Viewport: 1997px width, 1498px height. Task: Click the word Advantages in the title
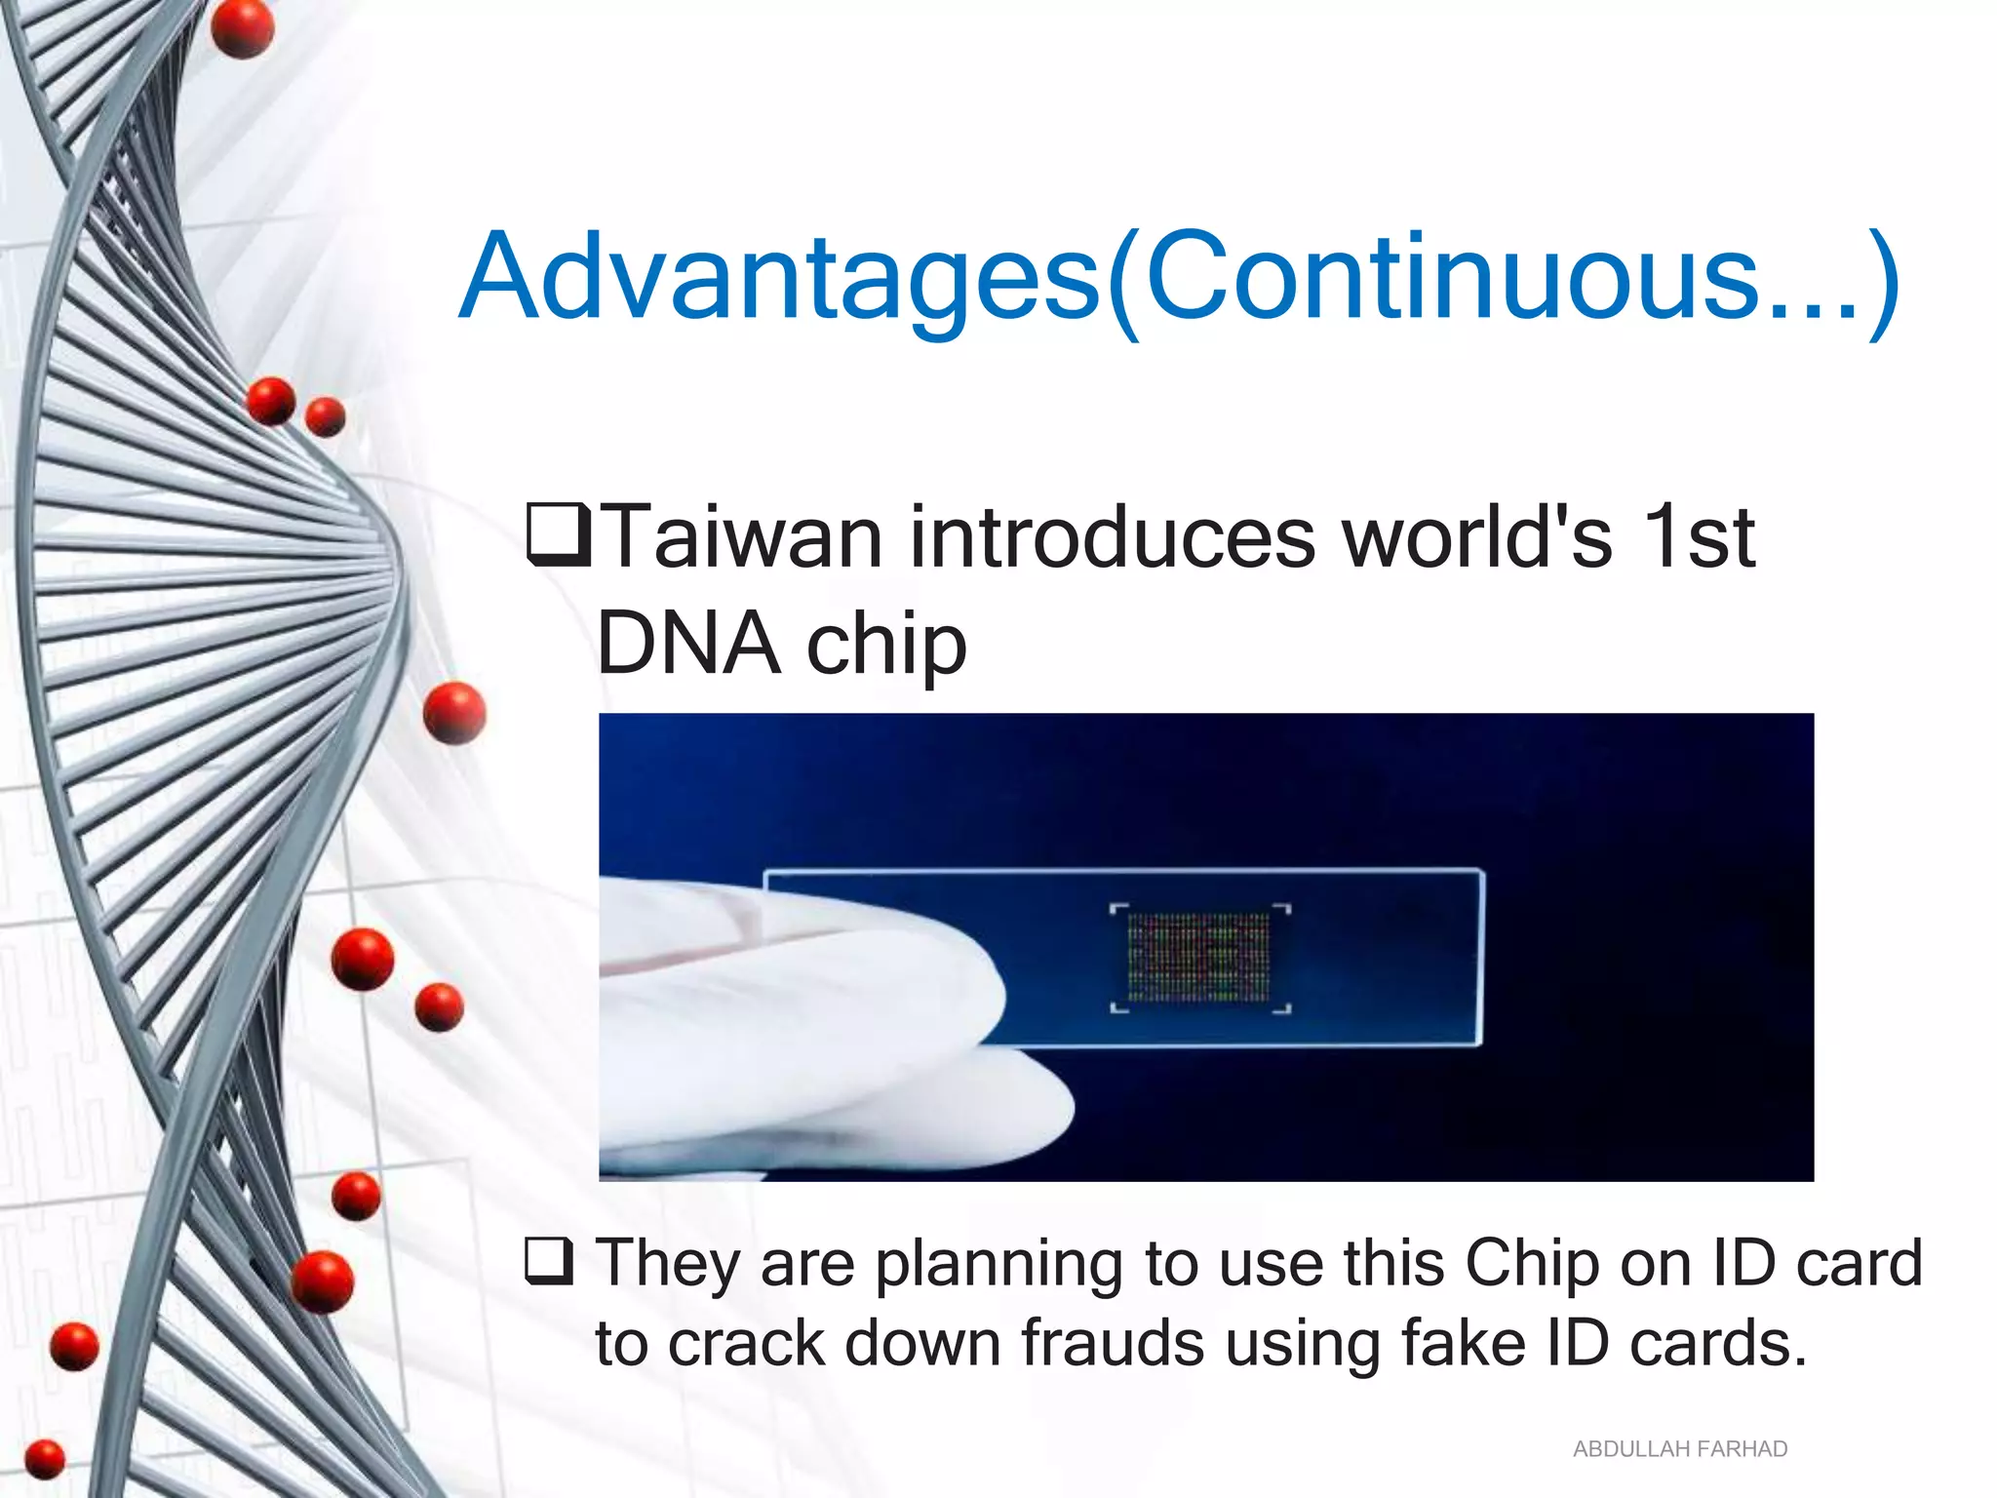(x=780, y=278)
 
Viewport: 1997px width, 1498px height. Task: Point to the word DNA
(x=688, y=644)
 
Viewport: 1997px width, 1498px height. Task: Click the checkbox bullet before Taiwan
(x=558, y=534)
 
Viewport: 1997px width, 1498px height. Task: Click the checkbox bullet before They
(x=548, y=1262)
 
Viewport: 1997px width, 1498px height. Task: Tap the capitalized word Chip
(x=1532, y=1264)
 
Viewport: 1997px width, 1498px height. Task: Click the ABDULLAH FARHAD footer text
(x=1679, y=1449)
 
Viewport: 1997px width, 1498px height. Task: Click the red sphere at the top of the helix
(x=242, y=29)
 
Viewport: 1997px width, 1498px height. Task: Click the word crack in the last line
(x=747, y=1344)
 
